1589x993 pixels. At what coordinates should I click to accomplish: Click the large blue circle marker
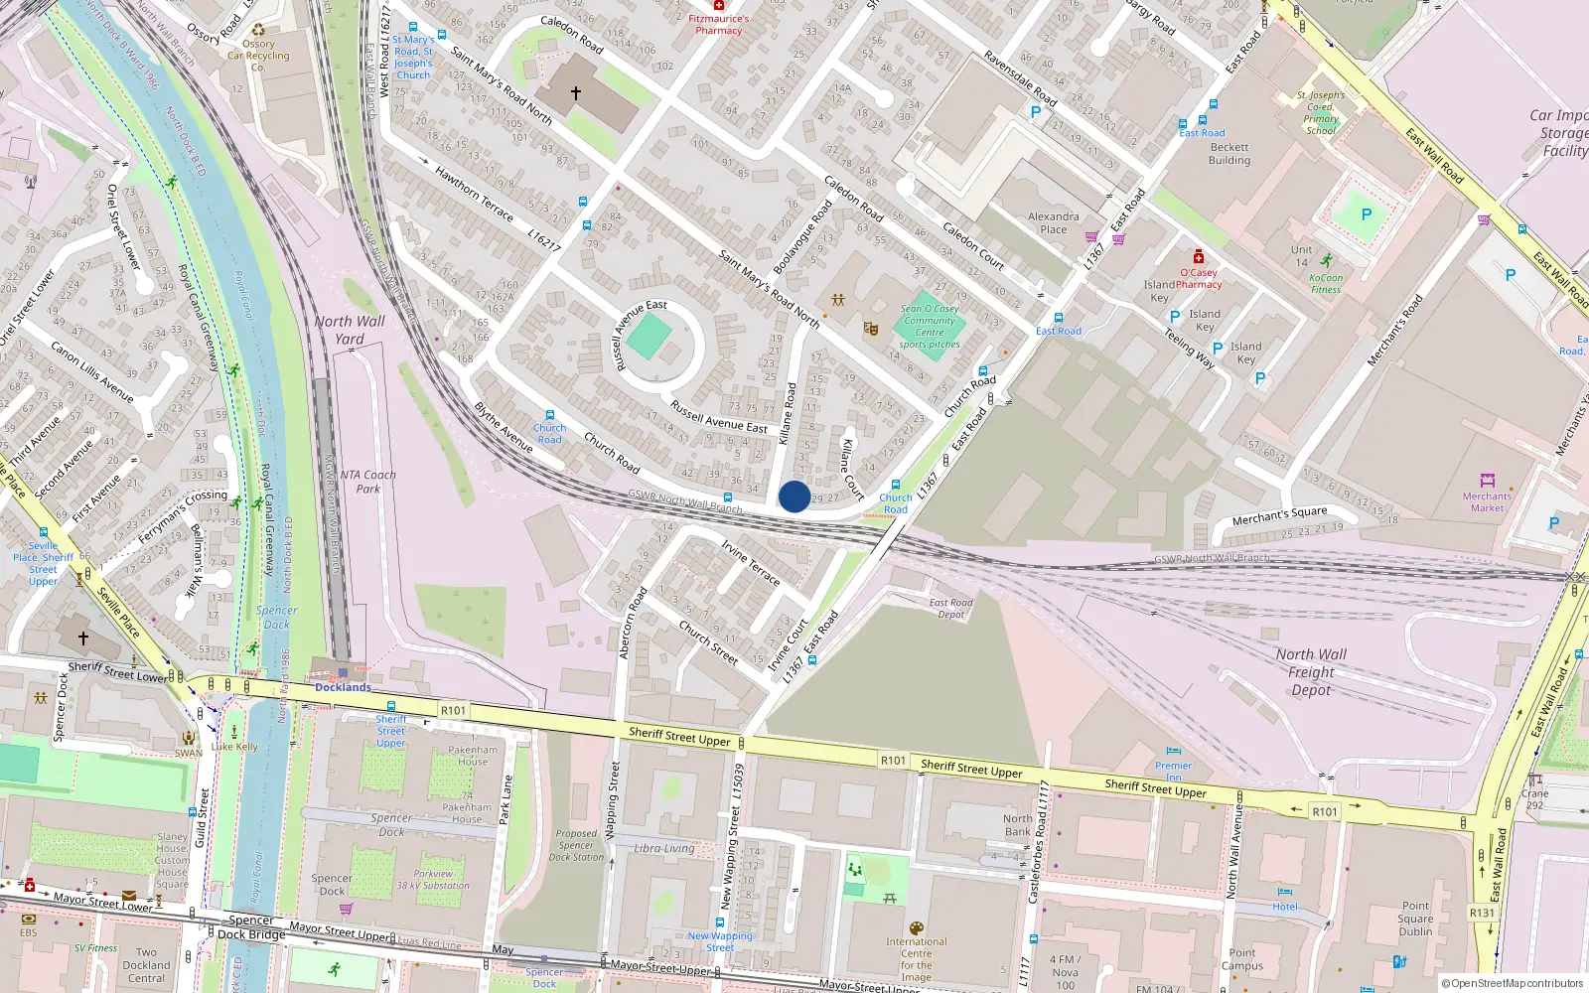click(x=794, y=496)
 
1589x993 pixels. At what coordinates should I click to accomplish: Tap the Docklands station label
click(x=343, y=687)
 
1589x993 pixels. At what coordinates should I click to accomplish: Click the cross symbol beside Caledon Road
click(x=575, y=93)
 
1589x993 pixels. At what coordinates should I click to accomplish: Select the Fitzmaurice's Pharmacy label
click(x=719, y=24)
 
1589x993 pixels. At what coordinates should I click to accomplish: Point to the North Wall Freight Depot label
click(x=1311, y=671)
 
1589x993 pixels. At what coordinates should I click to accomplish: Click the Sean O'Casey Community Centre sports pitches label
click(x=930, y=327)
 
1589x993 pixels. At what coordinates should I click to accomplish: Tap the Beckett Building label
click(x=1229, y=154)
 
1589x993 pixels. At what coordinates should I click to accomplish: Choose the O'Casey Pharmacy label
click(x=1199, y=278)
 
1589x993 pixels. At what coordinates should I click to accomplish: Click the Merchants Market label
click(x=1487, y=501)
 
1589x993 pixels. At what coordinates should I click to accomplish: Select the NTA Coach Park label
click(x=367, y=482)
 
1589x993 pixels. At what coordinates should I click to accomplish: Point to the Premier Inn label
click(x=1173, y=771)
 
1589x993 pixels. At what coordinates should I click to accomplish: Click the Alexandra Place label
click(x=1054, y=222)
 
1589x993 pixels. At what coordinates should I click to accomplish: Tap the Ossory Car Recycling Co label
click(x=258, y=56)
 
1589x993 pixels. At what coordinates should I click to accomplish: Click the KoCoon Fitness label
click(x=1325, y=284)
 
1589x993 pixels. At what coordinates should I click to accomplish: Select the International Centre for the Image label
click(x=916, y=958)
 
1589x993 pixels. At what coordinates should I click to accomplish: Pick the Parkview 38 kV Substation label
click(x=433, y=880)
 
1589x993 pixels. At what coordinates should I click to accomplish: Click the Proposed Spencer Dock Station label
click(x=576, y=845)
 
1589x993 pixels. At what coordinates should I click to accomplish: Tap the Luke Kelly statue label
click(x=234, y=747)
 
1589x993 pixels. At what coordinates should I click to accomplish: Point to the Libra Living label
click(x=664, y=848)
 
